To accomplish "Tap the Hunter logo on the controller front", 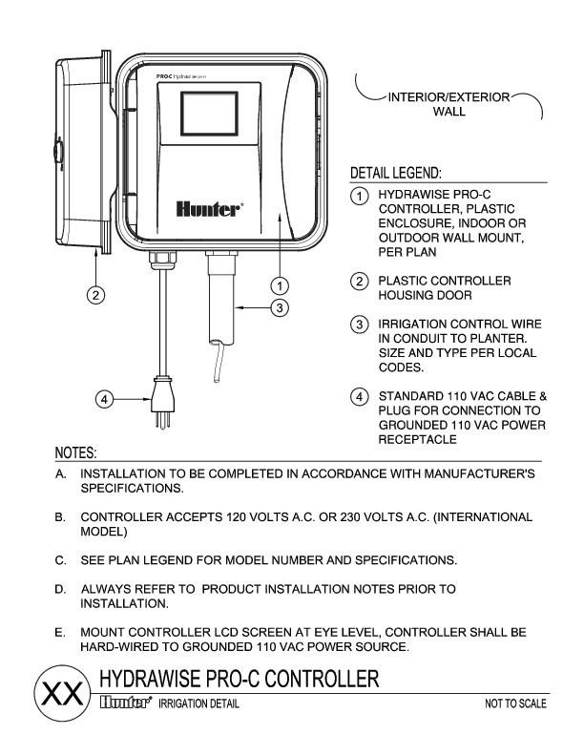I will [209, 207].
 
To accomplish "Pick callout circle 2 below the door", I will [95, 294].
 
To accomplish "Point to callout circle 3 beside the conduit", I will [279, 307].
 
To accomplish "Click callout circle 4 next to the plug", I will [107, 398].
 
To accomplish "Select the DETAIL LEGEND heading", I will [395, 174].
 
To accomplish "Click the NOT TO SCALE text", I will [515, 704].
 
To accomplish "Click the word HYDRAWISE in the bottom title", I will [156, 680].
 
